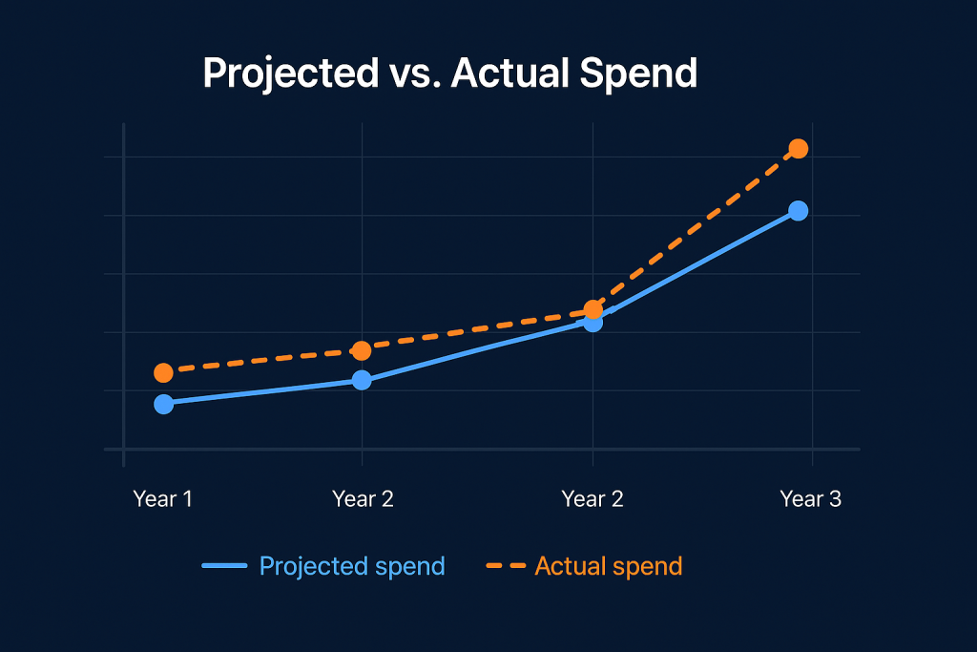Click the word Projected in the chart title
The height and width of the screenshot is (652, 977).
(290, 74)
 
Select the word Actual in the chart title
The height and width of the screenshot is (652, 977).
(509, 73)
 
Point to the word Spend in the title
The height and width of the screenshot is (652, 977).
(638, 74)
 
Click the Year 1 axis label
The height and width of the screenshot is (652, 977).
(162, 498)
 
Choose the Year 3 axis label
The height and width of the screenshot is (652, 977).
(811, 498)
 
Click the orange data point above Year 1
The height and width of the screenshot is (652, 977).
(163, 372)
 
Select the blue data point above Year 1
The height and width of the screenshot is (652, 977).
(164, 404)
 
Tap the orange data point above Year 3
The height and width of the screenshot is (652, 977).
(799, 148)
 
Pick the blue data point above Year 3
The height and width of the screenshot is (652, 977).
(799, 211)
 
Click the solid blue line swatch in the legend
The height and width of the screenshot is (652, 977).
(224, 566)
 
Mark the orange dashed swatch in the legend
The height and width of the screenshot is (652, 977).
(506, 566)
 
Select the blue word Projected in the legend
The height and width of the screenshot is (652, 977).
(308, 567)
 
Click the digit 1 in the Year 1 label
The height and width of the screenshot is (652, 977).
(186, 498)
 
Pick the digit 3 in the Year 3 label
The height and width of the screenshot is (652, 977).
(835, 498)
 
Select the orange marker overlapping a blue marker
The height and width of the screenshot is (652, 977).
(593, 310)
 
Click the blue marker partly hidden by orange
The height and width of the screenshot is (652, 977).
(592, 324)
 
